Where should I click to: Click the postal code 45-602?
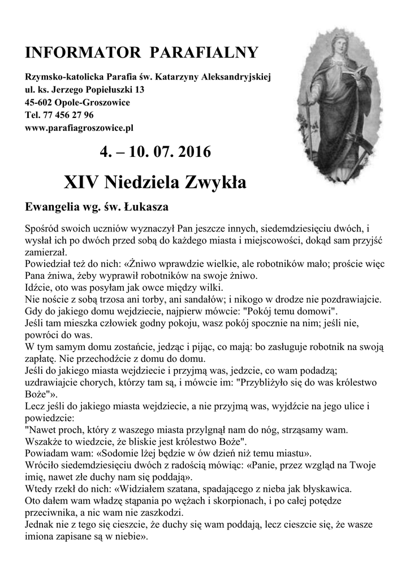[x=38, y=103]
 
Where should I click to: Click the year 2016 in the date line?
[x=192, y=152]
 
